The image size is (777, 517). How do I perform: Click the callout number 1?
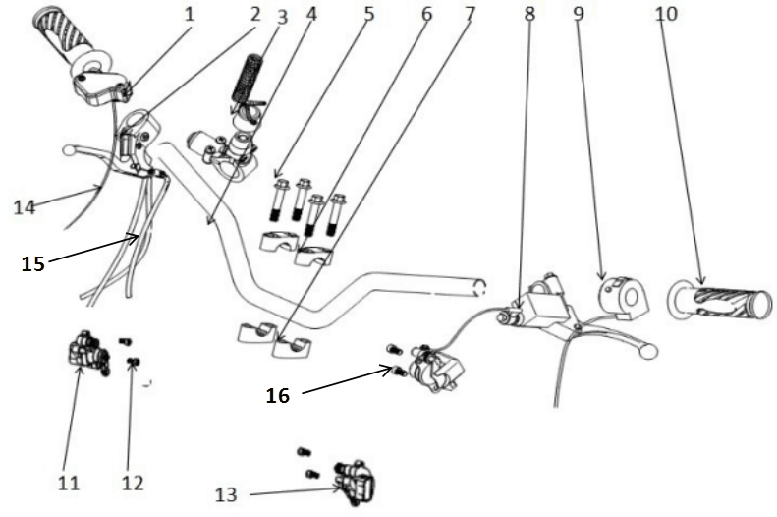pyautogui.click(x=190, y=14)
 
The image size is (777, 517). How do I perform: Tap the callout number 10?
pyautogui.click(x=666, y=14)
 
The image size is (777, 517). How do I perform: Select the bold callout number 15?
pyautogui.click(x=33, y=263)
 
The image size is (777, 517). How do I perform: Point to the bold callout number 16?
pyautogui.click(x=277, y=395)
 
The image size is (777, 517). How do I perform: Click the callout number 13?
pyautogui.click(x=226, y=494)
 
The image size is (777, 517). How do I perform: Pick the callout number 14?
pyautogui.click(x=25, y=206)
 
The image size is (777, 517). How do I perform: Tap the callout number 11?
pyautogui.click(x=69, y=483)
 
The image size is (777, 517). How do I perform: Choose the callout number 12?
pyautogui.click(x=133, y=483)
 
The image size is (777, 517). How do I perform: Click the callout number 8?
pyautogui.click(x=529, y=14)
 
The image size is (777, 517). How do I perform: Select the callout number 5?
pyautogui.click(x=369, y=14)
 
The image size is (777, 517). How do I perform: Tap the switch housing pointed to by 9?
pyautogui.click(x=624, y=298)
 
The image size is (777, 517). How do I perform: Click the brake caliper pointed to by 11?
pyautogui.click(x=88, y=353)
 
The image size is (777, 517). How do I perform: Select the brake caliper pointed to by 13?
pyautogui.click(x=355, y=482)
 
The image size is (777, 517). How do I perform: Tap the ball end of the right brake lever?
pyautogui.click(x=648, y=351)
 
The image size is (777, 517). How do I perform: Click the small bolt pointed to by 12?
pyautogui.click(x=133, y=363)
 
